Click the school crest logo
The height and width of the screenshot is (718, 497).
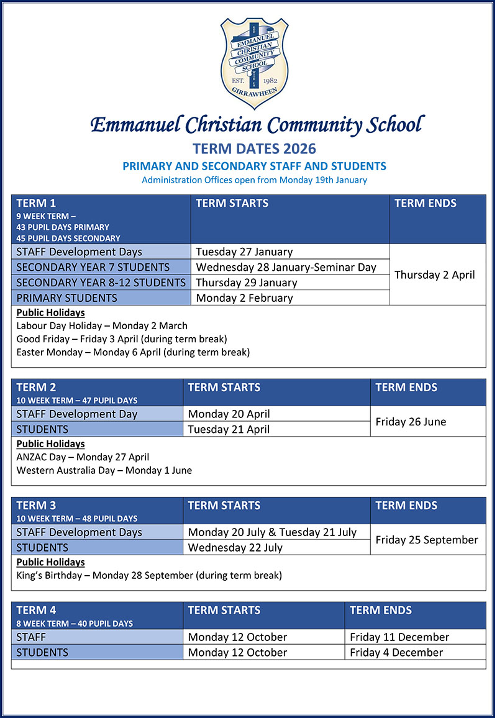pos(254,63)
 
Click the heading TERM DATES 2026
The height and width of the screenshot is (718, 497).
pos(254,148)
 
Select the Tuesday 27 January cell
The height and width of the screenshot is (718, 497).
pos(244,252)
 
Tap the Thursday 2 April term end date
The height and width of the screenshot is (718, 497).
pos(435,275)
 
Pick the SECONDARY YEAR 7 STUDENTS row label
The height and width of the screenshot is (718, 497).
pos(93,267)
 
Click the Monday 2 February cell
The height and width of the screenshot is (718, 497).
pos(244,298)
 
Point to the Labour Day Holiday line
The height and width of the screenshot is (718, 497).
pos(102,325)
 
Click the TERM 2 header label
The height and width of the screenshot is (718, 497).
pos(36,388)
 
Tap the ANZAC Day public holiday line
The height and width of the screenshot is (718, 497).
pos(83,457)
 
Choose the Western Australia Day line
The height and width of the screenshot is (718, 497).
pos(104,470)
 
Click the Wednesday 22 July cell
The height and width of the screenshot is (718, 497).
pos(235,547)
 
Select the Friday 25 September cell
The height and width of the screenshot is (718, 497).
pos(427,540)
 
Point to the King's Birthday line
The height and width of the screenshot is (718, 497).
pos(149,575)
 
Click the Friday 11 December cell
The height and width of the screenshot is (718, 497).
pos(399,637)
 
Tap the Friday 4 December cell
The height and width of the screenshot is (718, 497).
pos(396,652)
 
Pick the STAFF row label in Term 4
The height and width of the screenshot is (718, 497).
pos(31,637)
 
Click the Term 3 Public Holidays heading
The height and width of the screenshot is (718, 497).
pos(50,562)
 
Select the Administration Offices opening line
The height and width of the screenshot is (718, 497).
pos(254,180)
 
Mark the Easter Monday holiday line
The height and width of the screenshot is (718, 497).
pos(133,352)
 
